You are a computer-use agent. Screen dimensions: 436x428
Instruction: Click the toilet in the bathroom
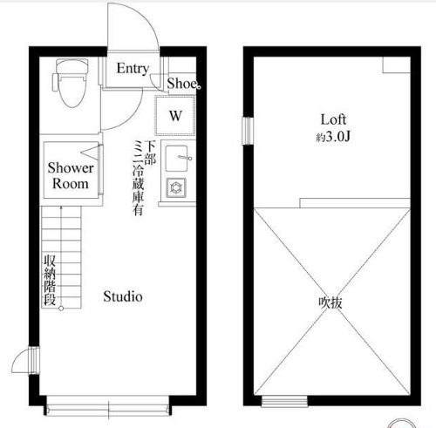tap(71, 83)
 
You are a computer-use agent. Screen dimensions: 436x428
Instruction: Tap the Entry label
tap(133, 69)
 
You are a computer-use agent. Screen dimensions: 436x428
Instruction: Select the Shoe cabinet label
tap(182, 84)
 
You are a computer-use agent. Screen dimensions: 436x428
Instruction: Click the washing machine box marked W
tap(175, 115)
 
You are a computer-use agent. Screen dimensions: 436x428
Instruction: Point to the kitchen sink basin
tap(176, 159)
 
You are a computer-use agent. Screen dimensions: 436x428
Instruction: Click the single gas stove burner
tap(176, 187)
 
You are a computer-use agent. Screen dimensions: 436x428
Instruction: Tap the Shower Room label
tap(71, 175)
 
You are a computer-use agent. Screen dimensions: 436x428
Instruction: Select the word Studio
tap(123, 296)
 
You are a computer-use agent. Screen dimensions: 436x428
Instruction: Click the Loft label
tap(333, 119)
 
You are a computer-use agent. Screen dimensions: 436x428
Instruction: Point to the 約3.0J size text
tap(333, 137)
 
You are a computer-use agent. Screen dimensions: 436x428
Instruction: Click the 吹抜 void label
tap(330, 302)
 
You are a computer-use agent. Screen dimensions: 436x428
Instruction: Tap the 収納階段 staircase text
tap(50, 280)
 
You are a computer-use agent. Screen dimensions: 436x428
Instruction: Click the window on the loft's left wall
tap(248, 131)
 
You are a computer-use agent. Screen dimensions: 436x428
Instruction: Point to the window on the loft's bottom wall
tap(284, 401)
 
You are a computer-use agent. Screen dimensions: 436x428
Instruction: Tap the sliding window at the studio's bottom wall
tap(108, 407)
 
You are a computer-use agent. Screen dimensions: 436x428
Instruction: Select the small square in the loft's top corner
tap(396, 65)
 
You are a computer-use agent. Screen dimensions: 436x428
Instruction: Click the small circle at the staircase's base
tap(61, 309)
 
